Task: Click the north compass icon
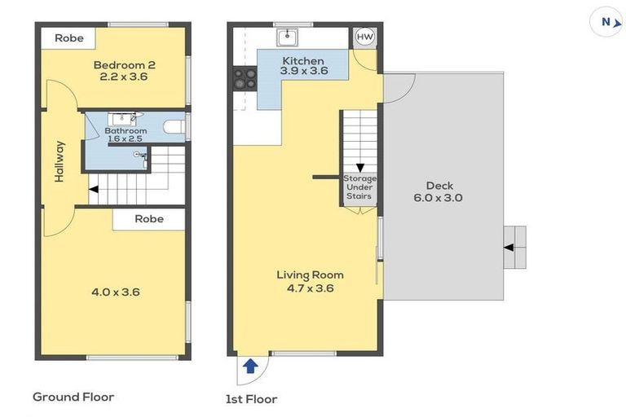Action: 606,22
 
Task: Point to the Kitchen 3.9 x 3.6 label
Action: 303,66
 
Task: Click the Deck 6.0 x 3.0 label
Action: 439,191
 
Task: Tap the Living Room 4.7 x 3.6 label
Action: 310,281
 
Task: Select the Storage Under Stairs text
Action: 359,187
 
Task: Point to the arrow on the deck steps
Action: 509,246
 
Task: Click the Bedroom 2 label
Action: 124,71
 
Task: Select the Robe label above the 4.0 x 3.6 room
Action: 149,218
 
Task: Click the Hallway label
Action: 60,161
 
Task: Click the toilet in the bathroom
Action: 173,127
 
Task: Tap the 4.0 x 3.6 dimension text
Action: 111,291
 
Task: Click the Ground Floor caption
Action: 73,397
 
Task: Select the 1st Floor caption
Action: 251,399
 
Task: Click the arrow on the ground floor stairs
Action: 95,190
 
